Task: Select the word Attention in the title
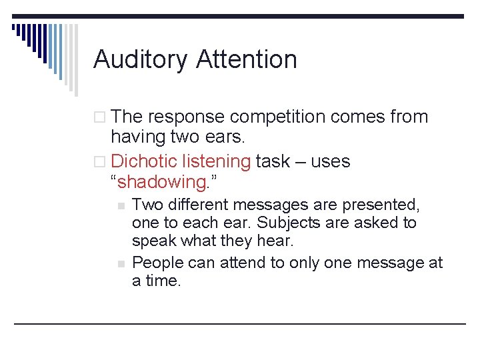pyautogui.click(x=246, y=59)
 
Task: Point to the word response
pyautogui.click(x=186, y=117)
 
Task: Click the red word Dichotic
pyautogui.click(x=146, y=161)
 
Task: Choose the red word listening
pyautogui.click(x=218, y=161)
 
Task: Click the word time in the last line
pyautogui.click(x=163, y=281)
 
